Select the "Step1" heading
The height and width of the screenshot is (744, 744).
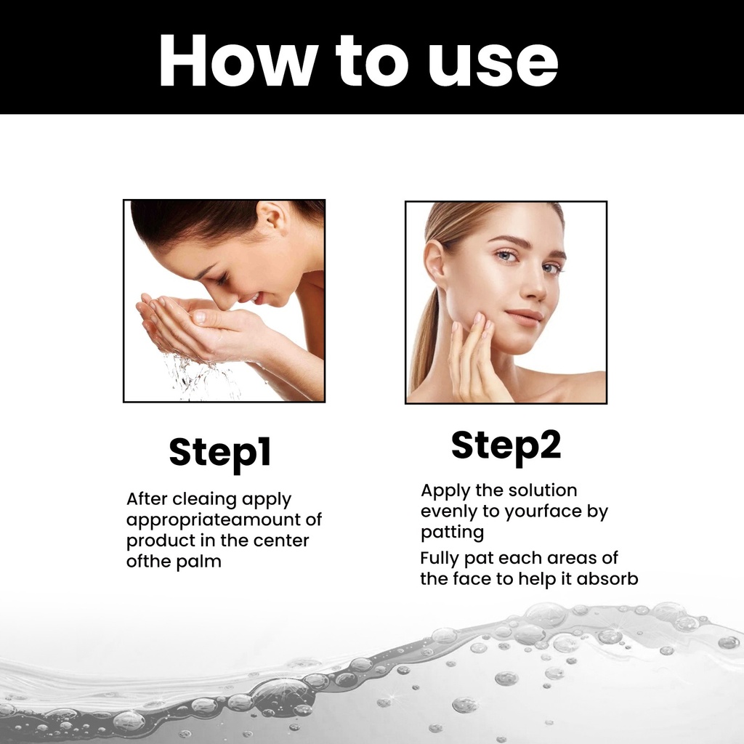220,453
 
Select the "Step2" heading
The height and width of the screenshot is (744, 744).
506,447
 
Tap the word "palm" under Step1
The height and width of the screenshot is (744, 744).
199,562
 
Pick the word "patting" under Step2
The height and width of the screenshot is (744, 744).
452,533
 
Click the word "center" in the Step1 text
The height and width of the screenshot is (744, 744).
281,541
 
